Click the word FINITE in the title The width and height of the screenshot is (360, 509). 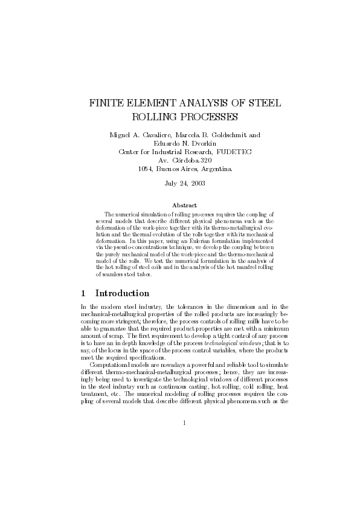point(108,103)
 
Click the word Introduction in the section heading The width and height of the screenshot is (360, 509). point(122,293)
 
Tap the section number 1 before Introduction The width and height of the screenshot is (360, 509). point(84,293)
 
